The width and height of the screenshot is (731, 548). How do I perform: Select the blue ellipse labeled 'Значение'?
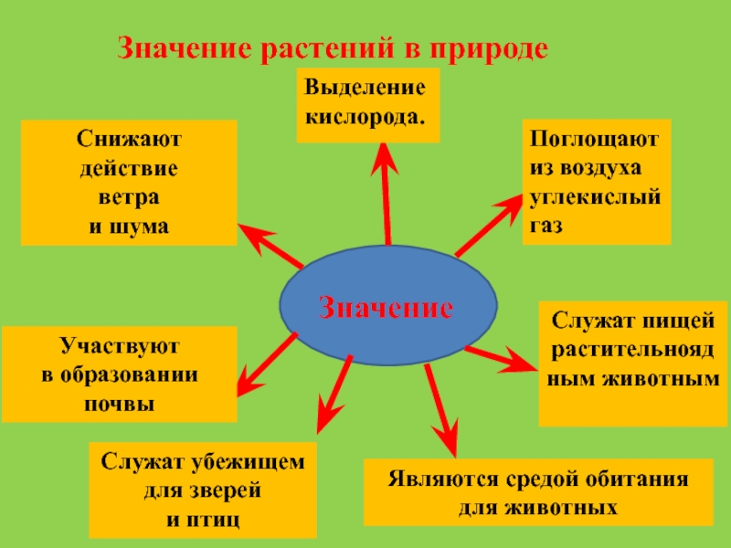(x=387, y=306)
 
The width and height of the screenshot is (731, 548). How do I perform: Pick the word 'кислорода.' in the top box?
(x=365, y=118)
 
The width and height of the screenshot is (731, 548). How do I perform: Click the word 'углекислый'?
(x=595, y=196)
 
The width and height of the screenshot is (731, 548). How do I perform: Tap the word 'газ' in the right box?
(x=546, y=223)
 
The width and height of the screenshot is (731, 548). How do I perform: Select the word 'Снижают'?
(x=129, y=142)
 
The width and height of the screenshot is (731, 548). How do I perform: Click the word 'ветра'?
(x=129, y=197)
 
